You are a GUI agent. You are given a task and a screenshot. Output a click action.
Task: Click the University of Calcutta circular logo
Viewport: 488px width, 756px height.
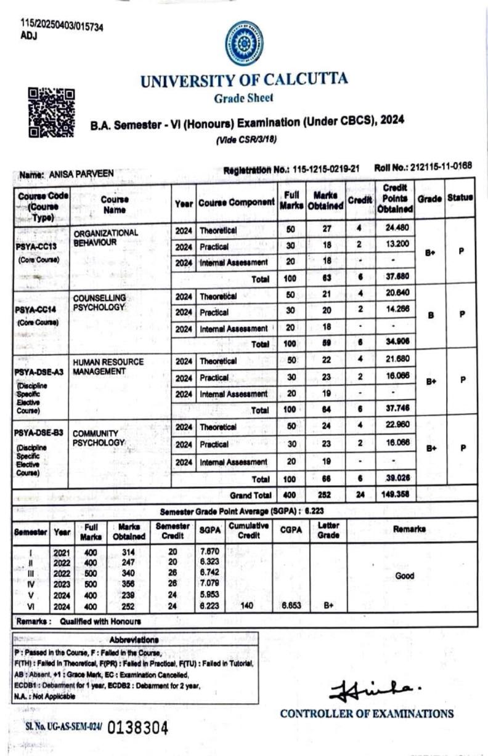243,43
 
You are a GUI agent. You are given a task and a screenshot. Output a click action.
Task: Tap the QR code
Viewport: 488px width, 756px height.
52,113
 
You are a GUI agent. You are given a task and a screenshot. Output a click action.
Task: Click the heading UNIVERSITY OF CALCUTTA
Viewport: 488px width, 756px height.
243,80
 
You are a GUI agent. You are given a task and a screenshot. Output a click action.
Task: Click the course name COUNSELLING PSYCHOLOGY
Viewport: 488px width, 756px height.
99,302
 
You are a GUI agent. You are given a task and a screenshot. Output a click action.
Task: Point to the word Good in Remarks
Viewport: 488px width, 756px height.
404,576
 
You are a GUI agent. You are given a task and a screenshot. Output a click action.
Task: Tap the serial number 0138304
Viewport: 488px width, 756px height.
137,728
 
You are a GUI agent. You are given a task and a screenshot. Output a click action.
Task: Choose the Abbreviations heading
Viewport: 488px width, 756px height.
134,640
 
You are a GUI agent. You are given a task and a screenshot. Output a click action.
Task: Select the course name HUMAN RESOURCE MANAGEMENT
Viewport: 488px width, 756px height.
108,366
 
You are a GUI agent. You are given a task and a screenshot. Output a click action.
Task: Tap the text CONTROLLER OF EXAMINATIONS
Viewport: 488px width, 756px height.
367,714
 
